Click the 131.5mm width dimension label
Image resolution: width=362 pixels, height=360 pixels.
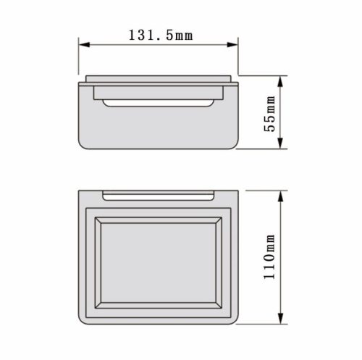(x=158, y=35)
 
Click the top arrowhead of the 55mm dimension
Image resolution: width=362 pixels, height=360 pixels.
(x=281, y=78)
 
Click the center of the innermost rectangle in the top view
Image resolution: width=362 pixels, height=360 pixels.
(x=159, y=263)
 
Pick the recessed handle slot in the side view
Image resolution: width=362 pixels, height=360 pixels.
(x=159, y=101)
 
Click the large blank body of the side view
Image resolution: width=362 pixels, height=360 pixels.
(x=159, y=127)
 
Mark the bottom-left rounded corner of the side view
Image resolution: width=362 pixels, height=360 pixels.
(x=82, y=144)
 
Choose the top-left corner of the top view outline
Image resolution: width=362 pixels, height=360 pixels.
(x=79, y=192)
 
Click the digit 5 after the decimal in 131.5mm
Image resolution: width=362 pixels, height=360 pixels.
(x=170, y=35)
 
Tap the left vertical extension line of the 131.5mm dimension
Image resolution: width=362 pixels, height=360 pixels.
(x=79, y=58)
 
